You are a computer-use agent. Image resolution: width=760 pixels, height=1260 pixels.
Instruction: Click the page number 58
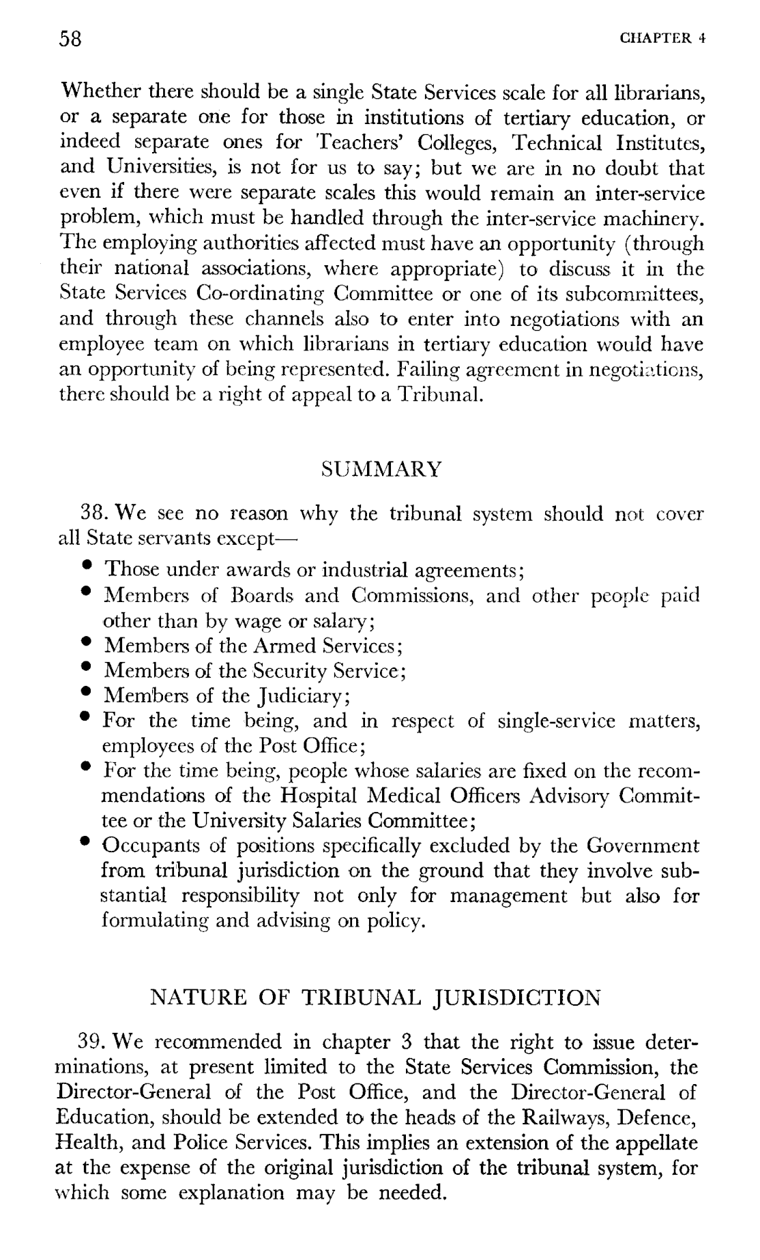(70, 39)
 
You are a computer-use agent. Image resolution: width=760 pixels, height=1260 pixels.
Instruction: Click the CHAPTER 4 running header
(662, 39)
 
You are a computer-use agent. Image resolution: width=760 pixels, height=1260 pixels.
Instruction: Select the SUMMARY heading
(381, 469)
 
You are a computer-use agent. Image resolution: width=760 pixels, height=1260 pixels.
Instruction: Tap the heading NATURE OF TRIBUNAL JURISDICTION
(375, 999)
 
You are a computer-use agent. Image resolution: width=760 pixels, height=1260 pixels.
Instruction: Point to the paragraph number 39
(91, 1042)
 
